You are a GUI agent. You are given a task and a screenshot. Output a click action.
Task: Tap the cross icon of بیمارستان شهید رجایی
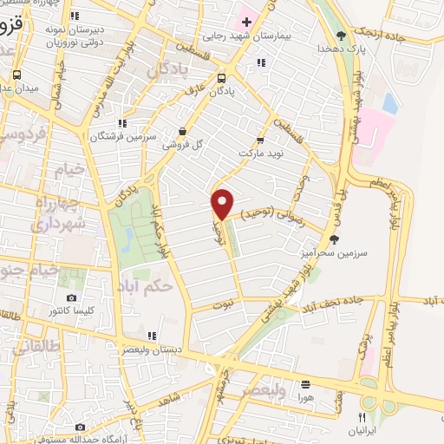(x=245, y=20)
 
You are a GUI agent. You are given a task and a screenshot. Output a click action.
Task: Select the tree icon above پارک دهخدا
(x=341, y=36)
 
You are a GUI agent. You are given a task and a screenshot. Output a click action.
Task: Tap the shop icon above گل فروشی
(x=181, y=131)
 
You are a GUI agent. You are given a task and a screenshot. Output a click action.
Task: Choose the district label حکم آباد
(x=149, y=284)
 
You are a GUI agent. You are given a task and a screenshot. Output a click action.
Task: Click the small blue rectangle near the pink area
(x=389, y=105)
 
